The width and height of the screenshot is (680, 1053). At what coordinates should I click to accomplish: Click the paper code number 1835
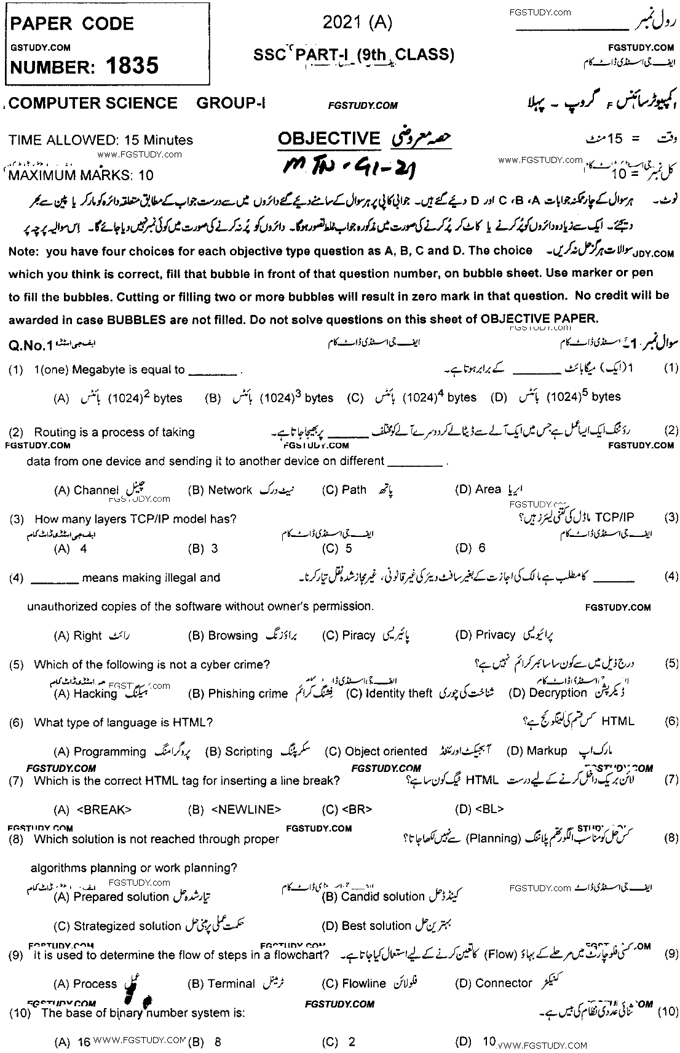click(132, 65)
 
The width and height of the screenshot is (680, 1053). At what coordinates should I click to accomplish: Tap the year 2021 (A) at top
click(357, 23)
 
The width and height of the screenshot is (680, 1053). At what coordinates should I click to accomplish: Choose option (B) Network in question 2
click(220, 490)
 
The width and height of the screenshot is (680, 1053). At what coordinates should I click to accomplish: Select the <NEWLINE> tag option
click(235, 809)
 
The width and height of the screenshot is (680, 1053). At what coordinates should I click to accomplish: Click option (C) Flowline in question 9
click(354, 983)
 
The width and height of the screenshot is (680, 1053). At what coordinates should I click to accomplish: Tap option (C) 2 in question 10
click(339, 1042)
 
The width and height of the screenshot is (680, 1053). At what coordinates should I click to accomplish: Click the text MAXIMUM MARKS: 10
click(81, 175)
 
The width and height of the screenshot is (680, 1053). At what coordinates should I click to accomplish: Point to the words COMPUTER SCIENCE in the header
click(94, 103)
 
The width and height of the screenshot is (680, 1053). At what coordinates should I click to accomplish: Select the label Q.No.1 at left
click(28, 346)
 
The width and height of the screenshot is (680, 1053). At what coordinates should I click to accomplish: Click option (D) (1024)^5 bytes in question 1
click(556, 397)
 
